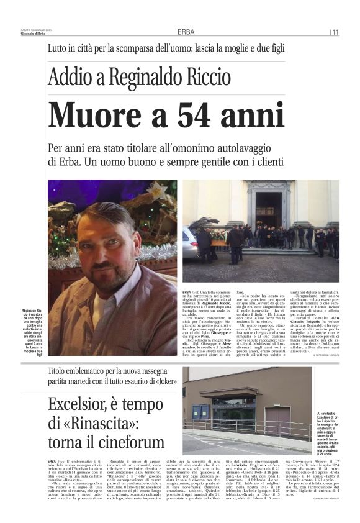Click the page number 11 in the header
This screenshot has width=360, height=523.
[335, 32]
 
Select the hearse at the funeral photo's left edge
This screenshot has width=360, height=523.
[192, 239]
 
